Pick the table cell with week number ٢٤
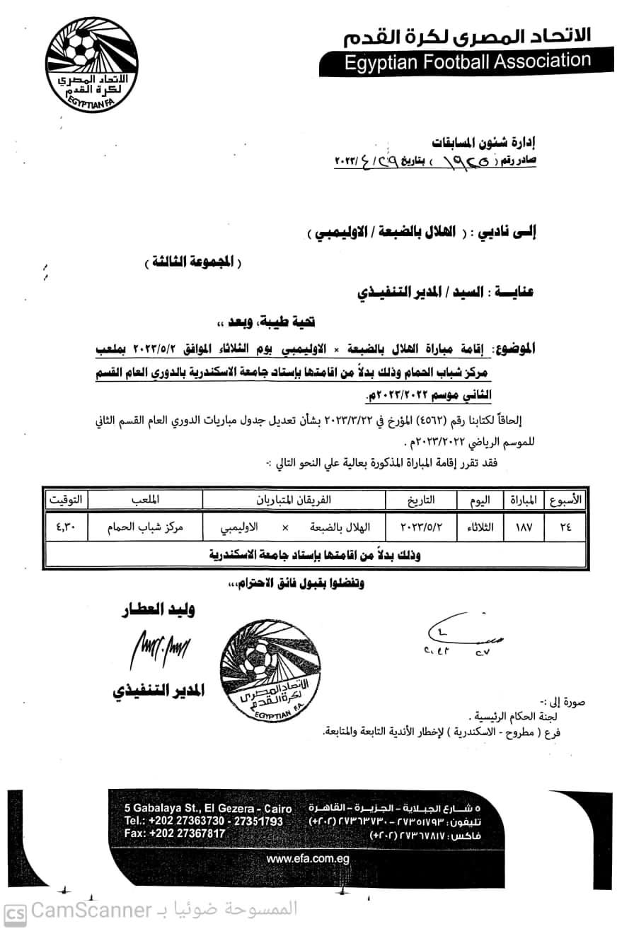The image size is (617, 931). click(x=565, y=527)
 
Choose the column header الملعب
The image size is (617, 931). click(x=143, y=500)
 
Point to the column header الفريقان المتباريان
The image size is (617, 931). click(x=293, y=500)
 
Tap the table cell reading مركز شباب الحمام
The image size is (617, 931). click(x=143, y=527)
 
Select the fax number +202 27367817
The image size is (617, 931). click(x=174, y=833)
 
